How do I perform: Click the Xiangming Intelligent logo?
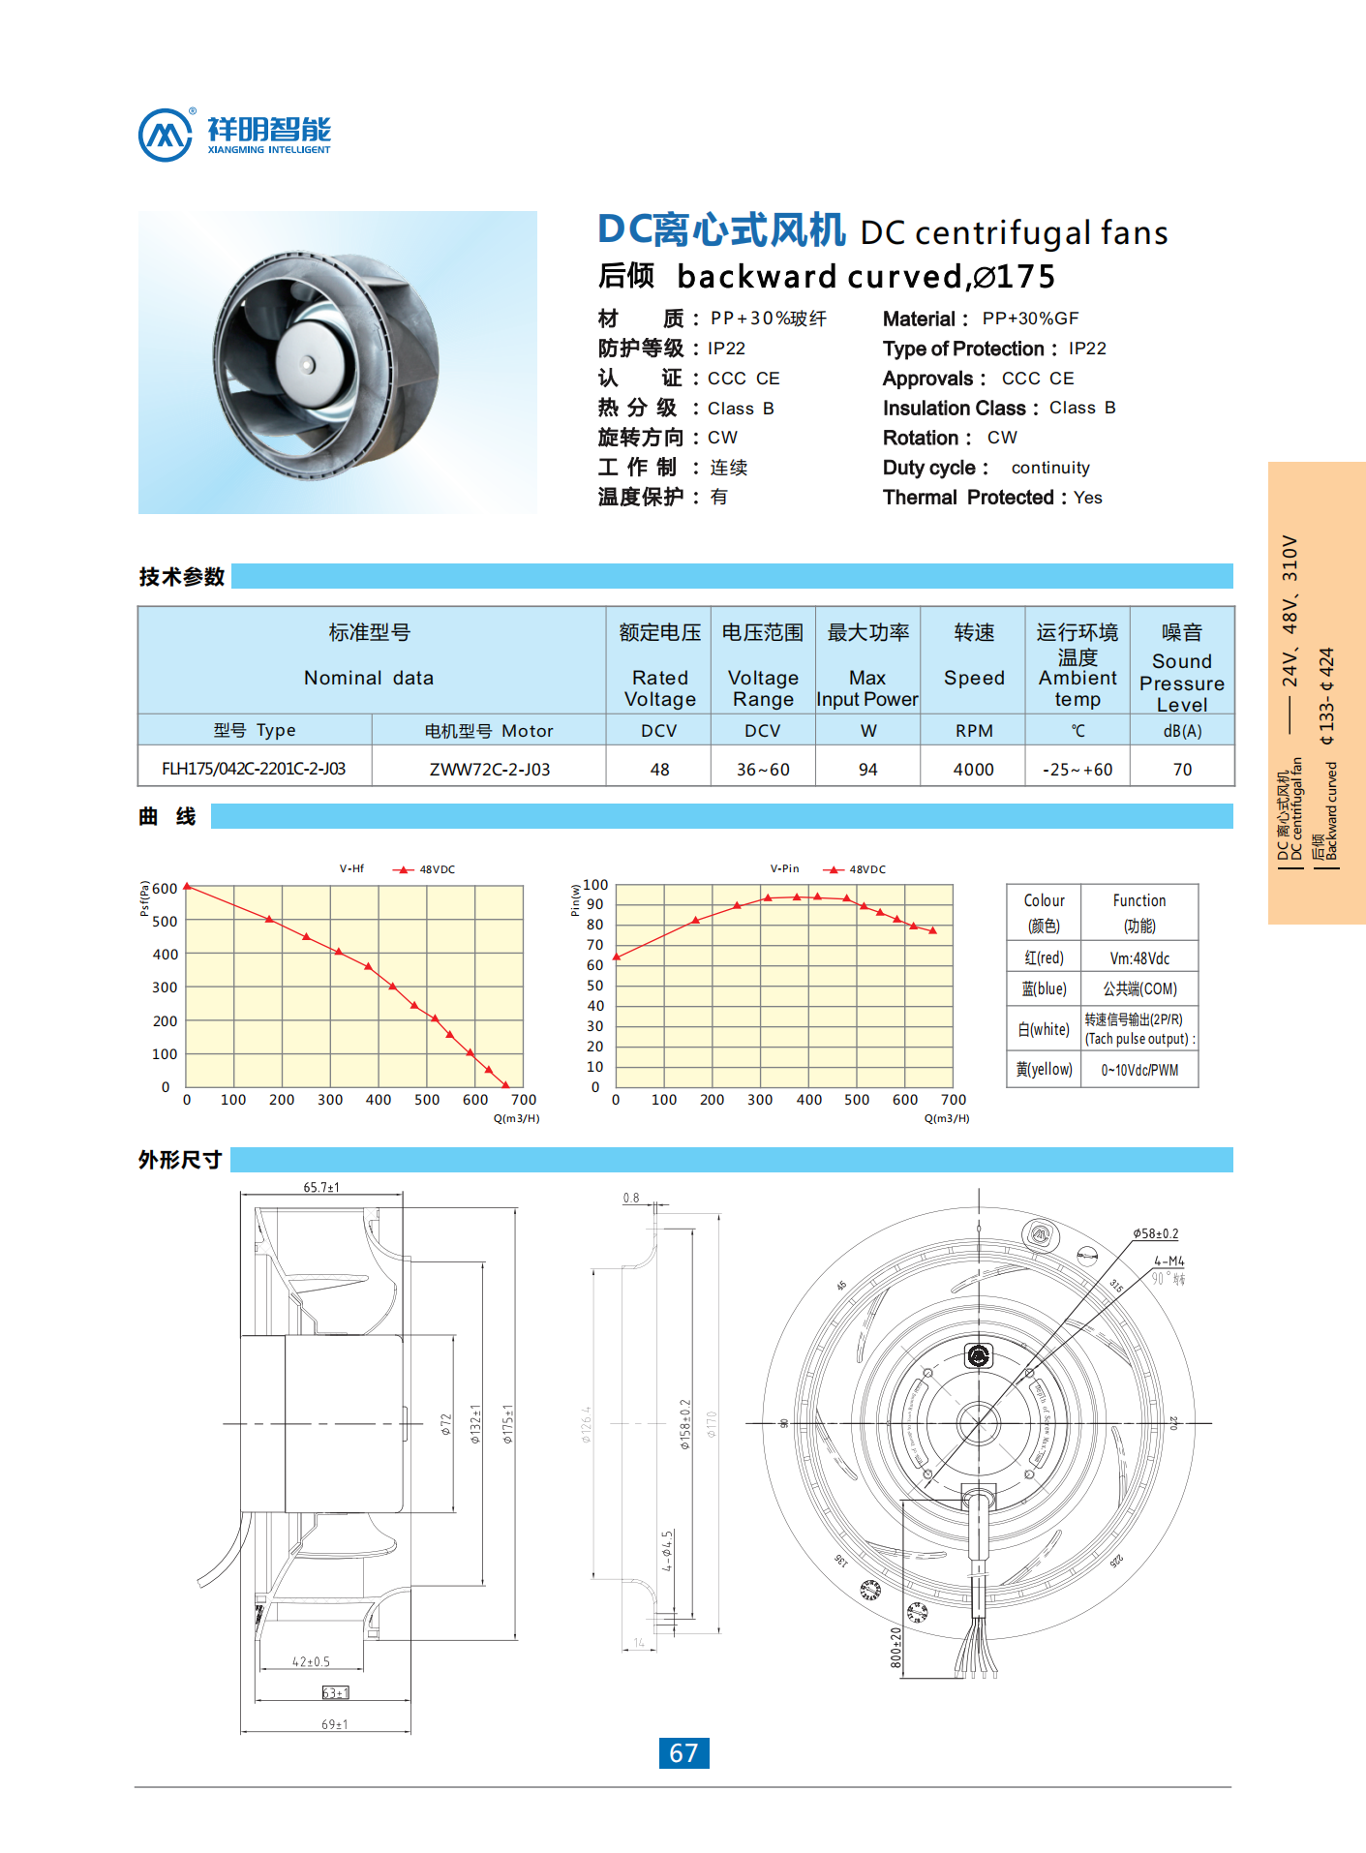(234, 135)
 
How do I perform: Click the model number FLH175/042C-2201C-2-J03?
(254, 769)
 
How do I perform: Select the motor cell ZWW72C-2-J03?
(489, 770)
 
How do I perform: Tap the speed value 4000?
(973, 770)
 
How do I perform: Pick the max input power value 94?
(867, 770)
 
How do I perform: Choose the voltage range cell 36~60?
(763, 770)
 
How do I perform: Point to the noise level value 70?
(1182, 770)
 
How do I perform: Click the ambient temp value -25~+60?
(1078, 770)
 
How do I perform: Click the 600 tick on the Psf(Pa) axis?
(166, 889)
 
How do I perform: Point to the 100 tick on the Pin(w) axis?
(595, 885)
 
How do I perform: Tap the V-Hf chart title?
(351, 868)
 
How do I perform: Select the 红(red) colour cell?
(1044, 957)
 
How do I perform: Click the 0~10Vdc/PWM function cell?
(1139, 1070)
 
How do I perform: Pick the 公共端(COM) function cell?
(1139, 988)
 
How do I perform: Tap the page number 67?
(683, 1753)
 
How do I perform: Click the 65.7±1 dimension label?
(321, 1187)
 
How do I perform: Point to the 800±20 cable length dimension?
(895, 1647)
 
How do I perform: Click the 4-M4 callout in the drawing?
(1169, 1261)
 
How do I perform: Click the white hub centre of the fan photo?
(308, 364)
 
